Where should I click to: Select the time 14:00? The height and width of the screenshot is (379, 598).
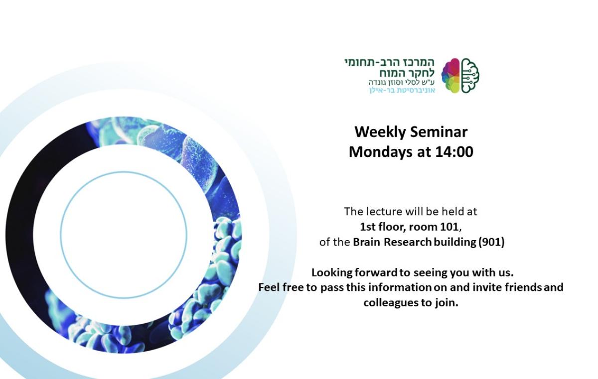(x=454, y=151)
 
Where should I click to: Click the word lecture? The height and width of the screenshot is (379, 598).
(x=384, y=211)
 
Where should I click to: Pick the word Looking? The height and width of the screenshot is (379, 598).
(x=331, y=273)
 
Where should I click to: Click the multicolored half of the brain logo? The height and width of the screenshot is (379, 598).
(x=450, y=75)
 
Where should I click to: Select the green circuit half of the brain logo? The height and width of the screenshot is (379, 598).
(x=470, y=75)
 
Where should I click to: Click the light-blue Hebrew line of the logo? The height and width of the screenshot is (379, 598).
(x=402, y=90)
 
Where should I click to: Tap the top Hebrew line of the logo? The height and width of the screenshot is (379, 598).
(x=389, y=62)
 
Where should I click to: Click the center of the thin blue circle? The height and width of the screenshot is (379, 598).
(x=124, y=234)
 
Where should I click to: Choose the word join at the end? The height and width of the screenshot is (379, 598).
(x=446, y=302)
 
